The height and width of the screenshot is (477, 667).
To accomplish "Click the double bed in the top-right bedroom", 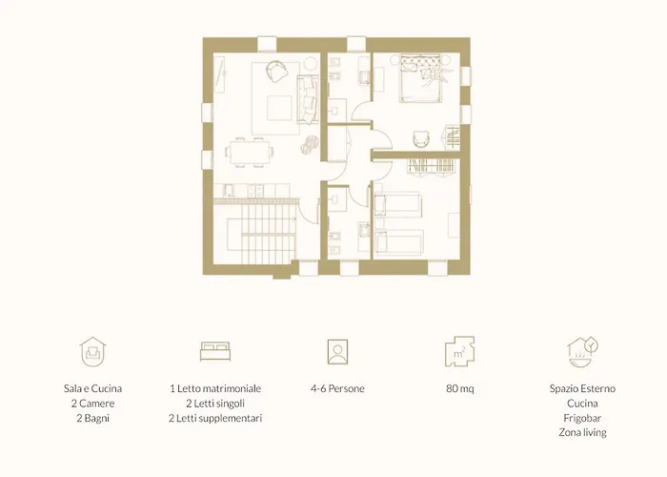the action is point(419,79).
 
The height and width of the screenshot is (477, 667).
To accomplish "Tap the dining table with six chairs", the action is point(250,153).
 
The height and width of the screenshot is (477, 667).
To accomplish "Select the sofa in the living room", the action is point(308,99).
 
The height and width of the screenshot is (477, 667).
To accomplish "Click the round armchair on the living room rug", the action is point(276,72).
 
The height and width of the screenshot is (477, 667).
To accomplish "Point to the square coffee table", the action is point(279,108).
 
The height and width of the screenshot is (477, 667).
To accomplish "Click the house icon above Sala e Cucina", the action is point(92,352).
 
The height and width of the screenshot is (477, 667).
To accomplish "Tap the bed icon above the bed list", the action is point(215,351).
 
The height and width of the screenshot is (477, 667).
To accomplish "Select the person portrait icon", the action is point(337,352).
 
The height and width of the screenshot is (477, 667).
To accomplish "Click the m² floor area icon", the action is point(460,351).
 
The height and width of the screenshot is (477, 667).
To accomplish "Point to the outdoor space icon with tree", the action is point(582,352).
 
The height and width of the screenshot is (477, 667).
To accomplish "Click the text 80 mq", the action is point(460,388).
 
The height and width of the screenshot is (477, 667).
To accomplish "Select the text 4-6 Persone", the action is point(337,388).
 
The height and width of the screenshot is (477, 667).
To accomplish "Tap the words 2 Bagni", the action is point(92,418).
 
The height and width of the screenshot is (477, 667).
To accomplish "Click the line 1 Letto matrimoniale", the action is point(215,388).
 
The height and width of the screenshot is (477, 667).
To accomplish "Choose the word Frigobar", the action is point(582,418).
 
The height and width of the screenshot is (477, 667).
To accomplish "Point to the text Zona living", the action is point(582,433).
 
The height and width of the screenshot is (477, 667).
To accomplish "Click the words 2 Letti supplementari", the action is point(215,418).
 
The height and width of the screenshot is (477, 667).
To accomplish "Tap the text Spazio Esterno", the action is point(582,388).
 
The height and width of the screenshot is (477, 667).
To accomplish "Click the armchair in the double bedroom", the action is point(421,138).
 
